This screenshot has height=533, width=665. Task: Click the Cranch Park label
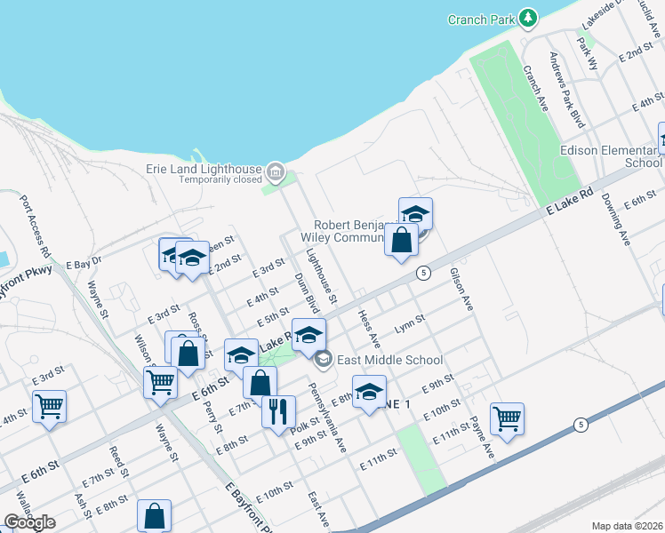pos(480,19)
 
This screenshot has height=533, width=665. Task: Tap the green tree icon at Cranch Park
pos(529,18)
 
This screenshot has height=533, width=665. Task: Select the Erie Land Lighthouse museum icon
pos(275,170)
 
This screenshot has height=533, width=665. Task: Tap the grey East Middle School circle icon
pos(323,359)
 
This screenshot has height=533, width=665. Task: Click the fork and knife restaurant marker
pos(278,410)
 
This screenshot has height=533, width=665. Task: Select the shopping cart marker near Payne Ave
pos(507,418)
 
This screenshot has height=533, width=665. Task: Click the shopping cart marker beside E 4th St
pos(49,406)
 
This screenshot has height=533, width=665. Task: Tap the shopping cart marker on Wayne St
pos(160,382)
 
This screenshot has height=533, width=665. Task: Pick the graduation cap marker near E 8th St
pos(370,392)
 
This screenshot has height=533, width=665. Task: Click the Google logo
pos(29,522)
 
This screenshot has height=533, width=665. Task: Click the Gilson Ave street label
pos(461,290)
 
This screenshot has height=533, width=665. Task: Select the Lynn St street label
pos(406,325)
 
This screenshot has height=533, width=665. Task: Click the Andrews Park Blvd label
pos(566,89)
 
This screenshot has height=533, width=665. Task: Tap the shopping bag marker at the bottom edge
pos(154,515)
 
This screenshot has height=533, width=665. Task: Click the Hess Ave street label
pos(369,329)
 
